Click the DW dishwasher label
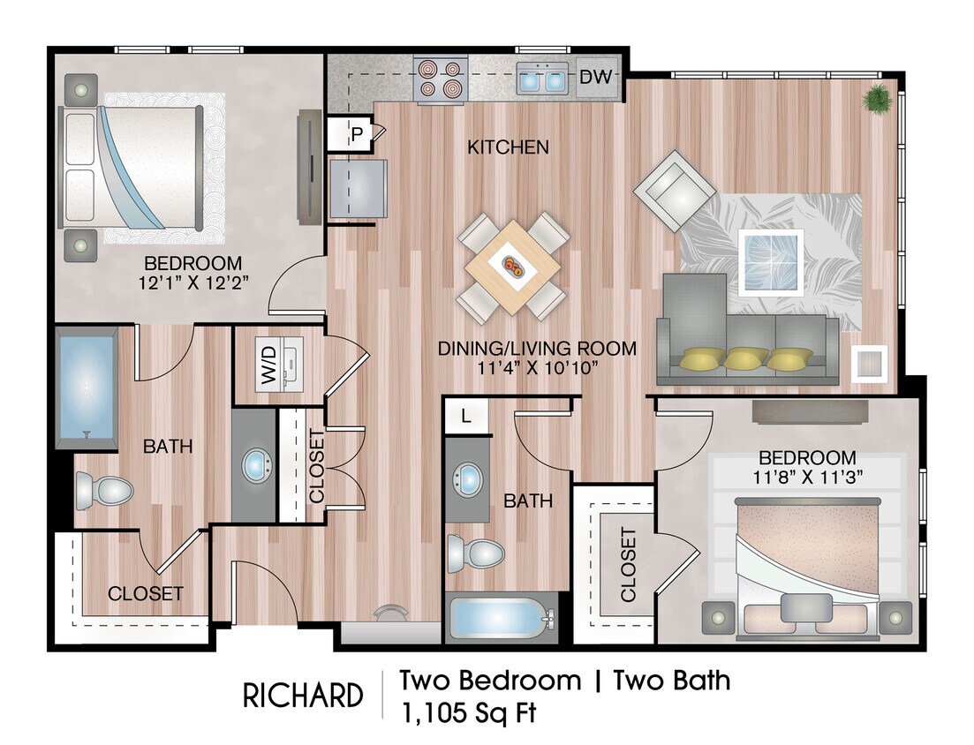click(x=595, y=78)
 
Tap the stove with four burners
click(x=440, y=79)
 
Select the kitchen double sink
click(x=543, y=79)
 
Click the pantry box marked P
click(x=357, y=134)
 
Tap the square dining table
click(x=513, y=267)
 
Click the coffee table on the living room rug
click(x=771, y=261)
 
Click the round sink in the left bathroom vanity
click(x=256, y=463)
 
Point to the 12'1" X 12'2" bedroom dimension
click(x=193, y=282)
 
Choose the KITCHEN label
click(x=508, y=147)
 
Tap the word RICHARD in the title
click(x=302, y=696)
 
